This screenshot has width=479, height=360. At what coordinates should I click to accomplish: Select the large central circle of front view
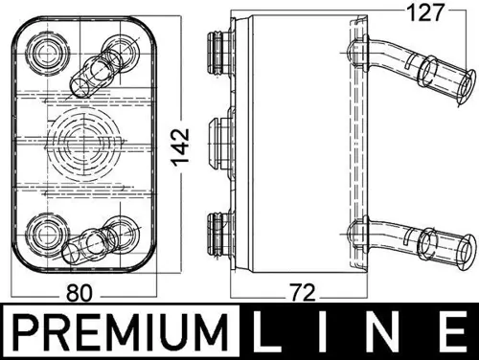(80, 138)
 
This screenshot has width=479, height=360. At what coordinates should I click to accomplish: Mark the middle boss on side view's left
(219, 138)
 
